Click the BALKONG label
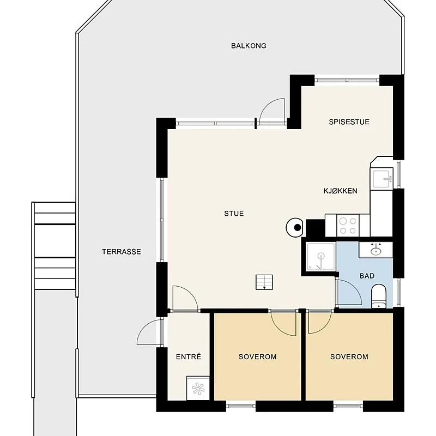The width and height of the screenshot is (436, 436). pos(249,46)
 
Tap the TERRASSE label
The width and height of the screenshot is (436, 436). pos(121,252)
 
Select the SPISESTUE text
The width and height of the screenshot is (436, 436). pos(349,122)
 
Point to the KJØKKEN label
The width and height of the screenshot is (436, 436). pos(340,191)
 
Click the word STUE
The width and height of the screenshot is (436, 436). pos(234,213)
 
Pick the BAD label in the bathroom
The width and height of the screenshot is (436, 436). pos(367,276)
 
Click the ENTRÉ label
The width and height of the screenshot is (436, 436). pos(188,356)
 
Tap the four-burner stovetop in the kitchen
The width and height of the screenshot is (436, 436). pos(348,226)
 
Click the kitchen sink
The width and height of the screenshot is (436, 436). pos(382,179)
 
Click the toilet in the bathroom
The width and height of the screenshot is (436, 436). pos(379,296)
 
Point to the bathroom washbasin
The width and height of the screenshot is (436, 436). pos(376,250)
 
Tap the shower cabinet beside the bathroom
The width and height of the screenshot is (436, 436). pos(320,257)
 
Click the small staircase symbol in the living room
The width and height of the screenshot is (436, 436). pos(264,282)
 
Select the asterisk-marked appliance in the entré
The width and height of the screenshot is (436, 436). pos(198,388)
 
